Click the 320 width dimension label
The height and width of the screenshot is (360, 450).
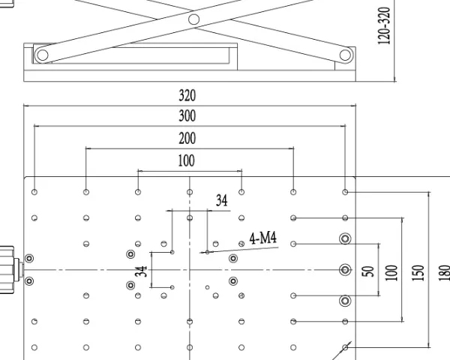coord(187,95)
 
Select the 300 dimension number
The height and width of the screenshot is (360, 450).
coord(187,116)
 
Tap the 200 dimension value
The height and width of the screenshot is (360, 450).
coord(187,138)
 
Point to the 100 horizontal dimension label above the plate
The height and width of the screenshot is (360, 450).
coord(187,160)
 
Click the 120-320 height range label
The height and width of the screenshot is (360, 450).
coord(384,25)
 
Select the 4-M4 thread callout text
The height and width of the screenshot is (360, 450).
coord(263,238)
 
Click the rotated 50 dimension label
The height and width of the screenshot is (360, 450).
coord(368,271)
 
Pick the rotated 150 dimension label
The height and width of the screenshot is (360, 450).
coord(418,273)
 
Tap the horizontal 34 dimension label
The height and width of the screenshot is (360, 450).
coord(221,200)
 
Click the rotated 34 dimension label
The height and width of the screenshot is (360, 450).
coord(141,271)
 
